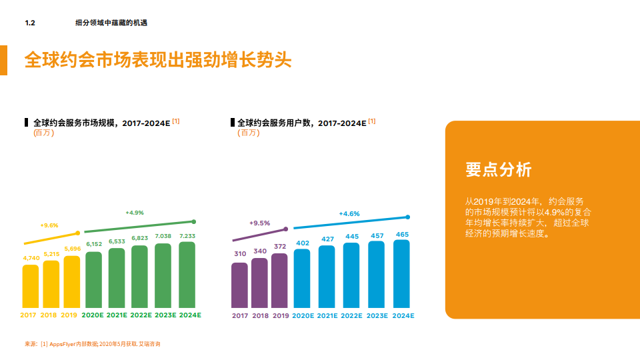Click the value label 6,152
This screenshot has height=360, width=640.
(x=94, y=244)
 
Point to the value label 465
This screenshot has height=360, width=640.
(x=403, y=234)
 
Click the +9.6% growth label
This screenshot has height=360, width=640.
(x=49, y=225)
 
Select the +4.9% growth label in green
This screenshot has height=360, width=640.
(x=135, y=213)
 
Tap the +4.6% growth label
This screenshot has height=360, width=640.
(x=349, y=213)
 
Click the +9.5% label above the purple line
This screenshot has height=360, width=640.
(x=259, y=223)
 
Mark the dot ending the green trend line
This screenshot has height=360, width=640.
(x=194, y=221)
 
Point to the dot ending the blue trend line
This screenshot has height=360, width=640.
(x=407, y=217)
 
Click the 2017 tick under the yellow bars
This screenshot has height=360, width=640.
(x=28, y=315)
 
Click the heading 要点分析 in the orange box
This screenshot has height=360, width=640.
(x=498, y=169)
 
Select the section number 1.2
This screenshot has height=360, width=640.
(x=29, y=23)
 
